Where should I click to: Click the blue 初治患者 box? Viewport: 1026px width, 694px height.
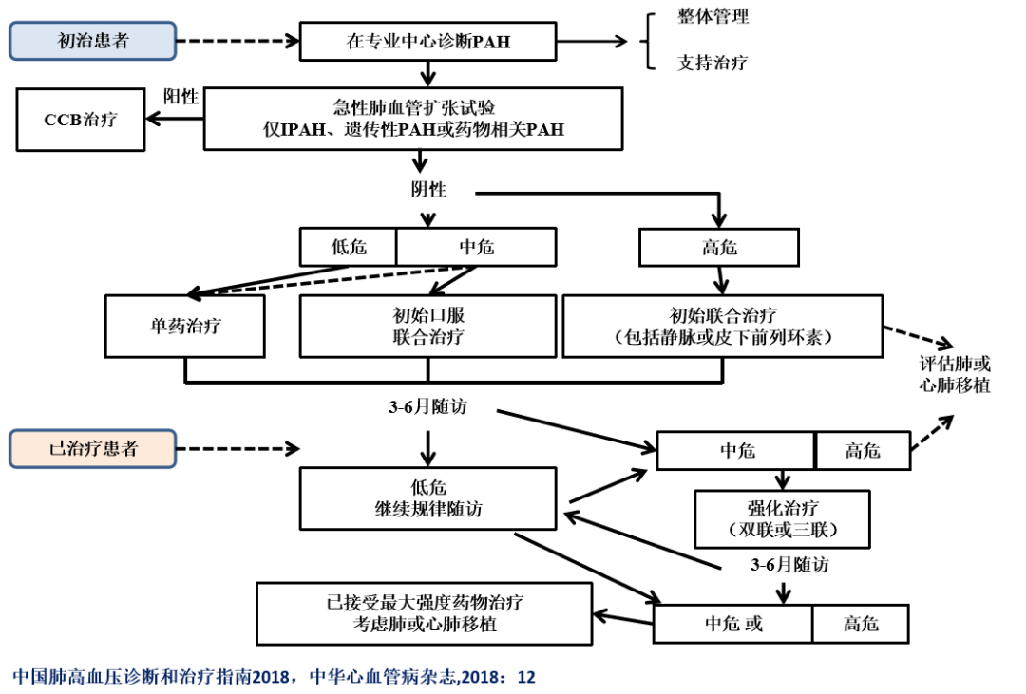point(92,41)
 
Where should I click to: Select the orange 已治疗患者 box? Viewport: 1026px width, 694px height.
point(92,448)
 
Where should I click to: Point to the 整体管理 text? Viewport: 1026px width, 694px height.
point(712,17)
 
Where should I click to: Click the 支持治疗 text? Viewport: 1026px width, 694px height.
point(712,64)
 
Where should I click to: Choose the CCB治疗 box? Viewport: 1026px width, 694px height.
point(81,120)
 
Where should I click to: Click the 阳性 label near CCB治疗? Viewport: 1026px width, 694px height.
point(180,96)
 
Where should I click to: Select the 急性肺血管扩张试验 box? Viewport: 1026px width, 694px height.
point(413,119)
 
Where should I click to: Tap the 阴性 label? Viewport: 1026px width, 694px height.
point(428,188)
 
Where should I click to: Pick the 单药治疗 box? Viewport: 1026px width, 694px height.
point(185,326)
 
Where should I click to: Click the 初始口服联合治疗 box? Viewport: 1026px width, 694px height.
point(427,326)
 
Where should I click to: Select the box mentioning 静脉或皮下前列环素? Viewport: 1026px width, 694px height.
point(723,326)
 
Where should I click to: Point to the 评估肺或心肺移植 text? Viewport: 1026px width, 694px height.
point(955,375)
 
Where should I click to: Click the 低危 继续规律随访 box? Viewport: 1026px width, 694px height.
point(427,497)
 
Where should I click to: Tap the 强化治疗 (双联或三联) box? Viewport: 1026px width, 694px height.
point(782,518)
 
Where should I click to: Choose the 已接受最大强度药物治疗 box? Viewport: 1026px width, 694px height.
point(424,614)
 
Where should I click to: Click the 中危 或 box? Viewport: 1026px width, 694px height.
point(732,624)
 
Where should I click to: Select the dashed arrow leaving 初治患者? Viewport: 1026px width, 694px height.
point(237,42)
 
